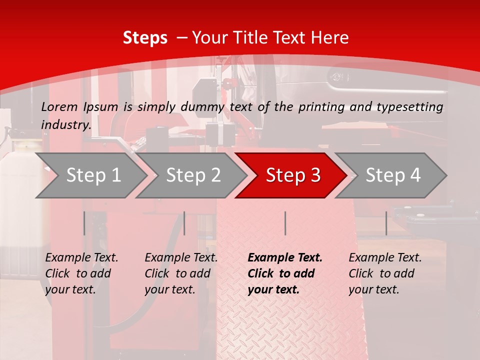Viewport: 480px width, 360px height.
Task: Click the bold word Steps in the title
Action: coord(145,38)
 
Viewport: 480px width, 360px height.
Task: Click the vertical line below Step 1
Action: coord(84,223)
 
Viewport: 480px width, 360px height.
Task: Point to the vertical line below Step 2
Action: coord(184,223)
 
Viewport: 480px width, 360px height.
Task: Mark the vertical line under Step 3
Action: coord(285,223)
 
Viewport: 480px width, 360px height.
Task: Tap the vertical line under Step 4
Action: coord(386,223)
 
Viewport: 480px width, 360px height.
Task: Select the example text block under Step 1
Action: coord(81,273)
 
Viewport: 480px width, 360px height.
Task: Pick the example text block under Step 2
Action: coord(181,273)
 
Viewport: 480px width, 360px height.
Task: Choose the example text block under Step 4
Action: coord(385,273)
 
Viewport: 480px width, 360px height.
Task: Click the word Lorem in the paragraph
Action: coord(59,106)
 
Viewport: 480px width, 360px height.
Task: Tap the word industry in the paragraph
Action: coord(65,125)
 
